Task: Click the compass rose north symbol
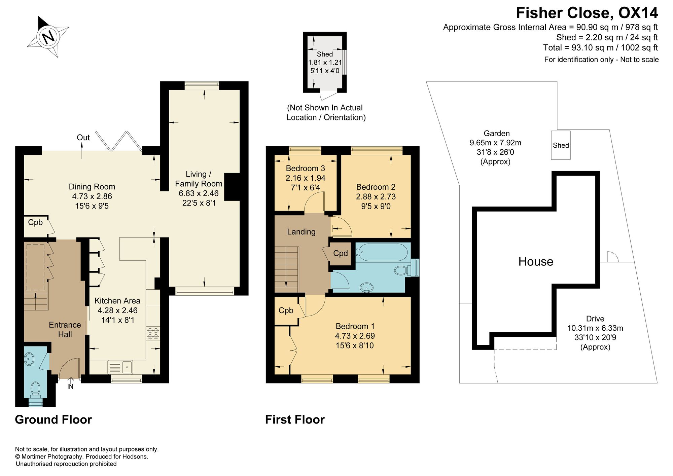pos(48,36)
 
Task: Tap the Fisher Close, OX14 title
pos(587,13)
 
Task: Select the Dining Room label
pos(92,187)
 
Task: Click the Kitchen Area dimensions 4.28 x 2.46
pos(117,310)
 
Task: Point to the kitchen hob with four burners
pos(153,333)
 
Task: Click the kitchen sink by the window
pos(120,367)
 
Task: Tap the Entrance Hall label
pos(65,329)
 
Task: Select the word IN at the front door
pos(70,387)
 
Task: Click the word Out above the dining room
pos(83,138)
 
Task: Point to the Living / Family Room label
pos(199,179)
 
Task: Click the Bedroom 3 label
pos(306,168)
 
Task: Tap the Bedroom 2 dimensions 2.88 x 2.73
pos(376,196)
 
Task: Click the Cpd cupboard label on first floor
pos(341,253)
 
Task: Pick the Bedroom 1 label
pos(355,326)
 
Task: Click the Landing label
pos(301,232)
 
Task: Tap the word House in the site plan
pos(536,261)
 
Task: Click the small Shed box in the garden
pos(561,145)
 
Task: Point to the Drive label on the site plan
pos(595,319)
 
